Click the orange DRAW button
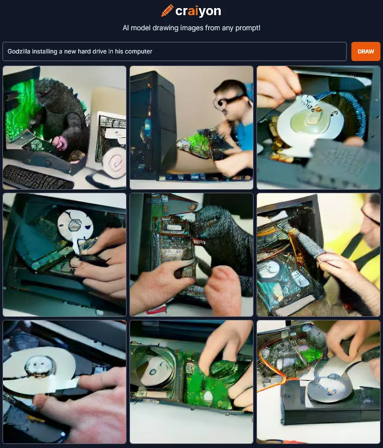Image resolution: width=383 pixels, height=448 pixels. tap(365, 51)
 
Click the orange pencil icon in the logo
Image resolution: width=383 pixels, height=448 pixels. tap(167, 11)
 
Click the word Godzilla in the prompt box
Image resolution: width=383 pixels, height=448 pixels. tap(18, 51)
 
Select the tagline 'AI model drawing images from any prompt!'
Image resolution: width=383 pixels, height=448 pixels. tap(191, 28)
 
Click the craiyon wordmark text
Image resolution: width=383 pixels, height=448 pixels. tap(198, 11)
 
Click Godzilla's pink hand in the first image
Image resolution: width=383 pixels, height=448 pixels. tap(60, 142)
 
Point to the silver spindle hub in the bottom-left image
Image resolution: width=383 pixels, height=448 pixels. tap(40, 365)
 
